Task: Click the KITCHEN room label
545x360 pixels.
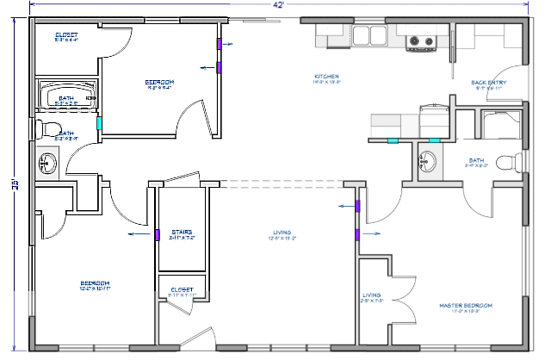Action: pos(326,78)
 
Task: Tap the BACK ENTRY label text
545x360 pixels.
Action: pos(488,83)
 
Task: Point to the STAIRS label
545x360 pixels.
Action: pos(182,233)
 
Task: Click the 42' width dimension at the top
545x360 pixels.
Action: pos(279,5)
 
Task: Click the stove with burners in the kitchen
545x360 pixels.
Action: pos(421,40)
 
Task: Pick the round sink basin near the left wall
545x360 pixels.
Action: pos(47,161)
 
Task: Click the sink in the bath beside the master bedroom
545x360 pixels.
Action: pos(428,161)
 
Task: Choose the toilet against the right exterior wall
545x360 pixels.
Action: pos(513,162)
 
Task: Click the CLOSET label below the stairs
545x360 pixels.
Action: pos(182,290)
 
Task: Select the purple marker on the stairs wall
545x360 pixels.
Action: pos(158,233)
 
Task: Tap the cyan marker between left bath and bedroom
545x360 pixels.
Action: pos(100,123)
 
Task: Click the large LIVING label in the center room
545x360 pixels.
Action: pos(281,233)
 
